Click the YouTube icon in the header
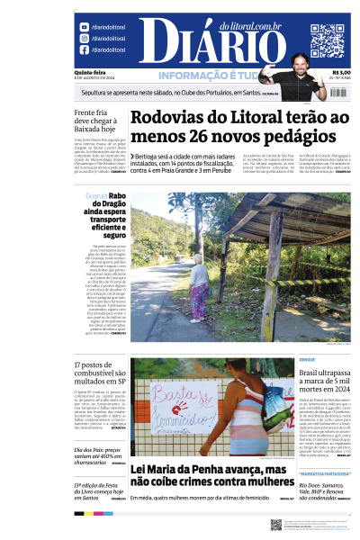click(x=85, y=27)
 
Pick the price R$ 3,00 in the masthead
click(x=341, y=73)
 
